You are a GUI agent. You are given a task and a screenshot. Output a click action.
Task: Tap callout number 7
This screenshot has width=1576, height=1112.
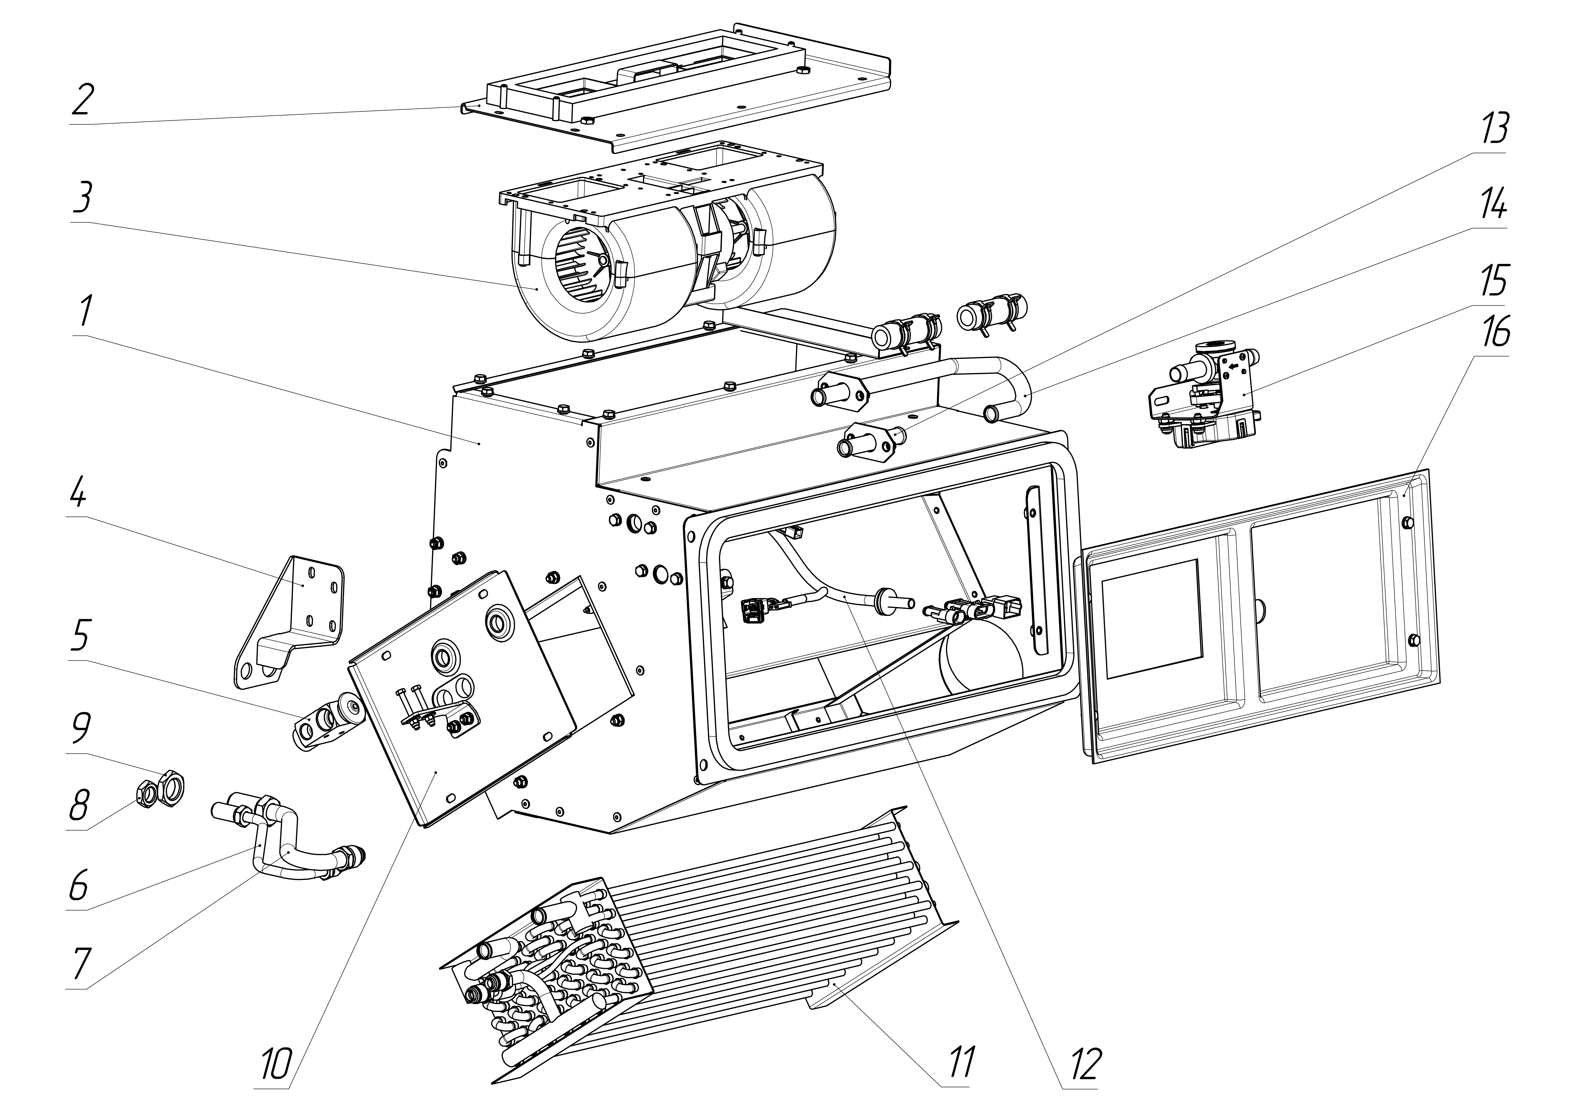click(x=80, y=964)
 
